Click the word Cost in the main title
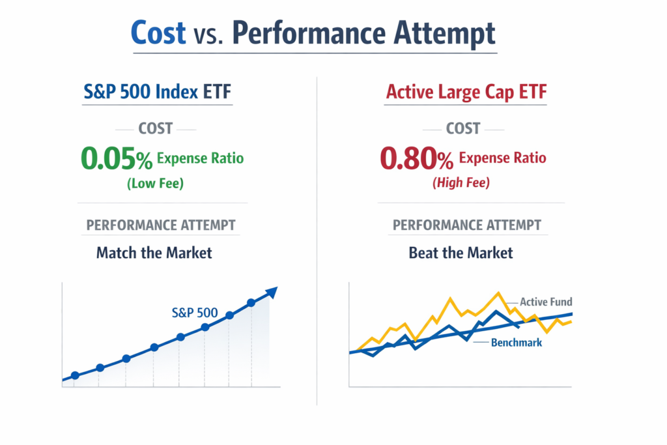(x=158, y=32)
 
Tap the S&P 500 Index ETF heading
(x=157, y=92)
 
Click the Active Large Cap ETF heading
(x=466, y=92)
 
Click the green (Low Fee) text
(x=155, y=184)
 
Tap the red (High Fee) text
(x=461, y=184)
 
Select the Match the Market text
(x=154, y=252)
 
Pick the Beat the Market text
(x=461, y=252)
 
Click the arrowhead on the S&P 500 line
(x=272, y=291)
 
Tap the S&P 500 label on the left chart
(x=194, y=312)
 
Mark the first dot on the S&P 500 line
(x=75, y=375)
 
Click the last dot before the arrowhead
(x=251, y=302)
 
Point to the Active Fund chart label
(x=546, y=302)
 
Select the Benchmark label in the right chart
(x=517, y=342)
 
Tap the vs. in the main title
(x=209, y=34)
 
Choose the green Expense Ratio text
(x=201, y=158)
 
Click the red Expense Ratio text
(x=502, y=158)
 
